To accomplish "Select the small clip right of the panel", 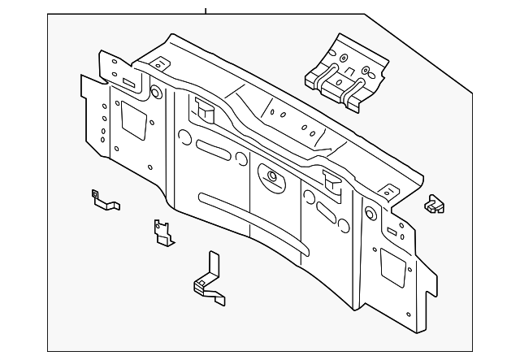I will coord(435,205).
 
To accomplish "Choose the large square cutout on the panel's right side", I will coord(393,267).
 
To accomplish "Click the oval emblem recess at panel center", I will coord(267,174).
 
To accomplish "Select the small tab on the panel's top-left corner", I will coord(160,63).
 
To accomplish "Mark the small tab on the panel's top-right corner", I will coord(388,193).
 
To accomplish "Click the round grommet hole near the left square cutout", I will coord(155,92).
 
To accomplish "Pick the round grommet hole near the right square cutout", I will coord(370,215).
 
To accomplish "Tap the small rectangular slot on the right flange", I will coord(401,230).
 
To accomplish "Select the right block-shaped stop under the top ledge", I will coord(332,180).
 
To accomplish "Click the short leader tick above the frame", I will coord(206,11).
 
